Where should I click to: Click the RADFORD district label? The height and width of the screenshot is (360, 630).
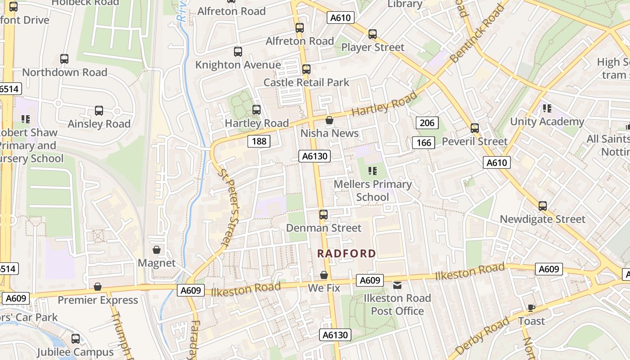(346, 253)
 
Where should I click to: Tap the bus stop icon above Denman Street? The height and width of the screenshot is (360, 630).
(324, 215)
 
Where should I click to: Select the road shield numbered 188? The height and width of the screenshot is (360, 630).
(259, 141)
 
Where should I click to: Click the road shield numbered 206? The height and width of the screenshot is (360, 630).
(427, 123)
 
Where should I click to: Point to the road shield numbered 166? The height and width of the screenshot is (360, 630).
(423, 143)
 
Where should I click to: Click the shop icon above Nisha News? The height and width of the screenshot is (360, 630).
(329, 120)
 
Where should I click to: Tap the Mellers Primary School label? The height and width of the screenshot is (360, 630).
(373, 190)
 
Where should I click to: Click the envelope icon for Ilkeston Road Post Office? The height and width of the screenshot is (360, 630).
(397, 285)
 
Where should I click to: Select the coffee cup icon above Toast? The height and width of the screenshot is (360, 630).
(531, 308)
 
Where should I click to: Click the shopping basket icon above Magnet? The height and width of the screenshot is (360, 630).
(157, 250)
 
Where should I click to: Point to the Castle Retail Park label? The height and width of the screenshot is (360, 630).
(306, 82)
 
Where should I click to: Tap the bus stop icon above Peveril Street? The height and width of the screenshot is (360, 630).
(475, 128)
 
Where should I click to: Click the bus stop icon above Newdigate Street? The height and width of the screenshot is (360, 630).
(543, 206)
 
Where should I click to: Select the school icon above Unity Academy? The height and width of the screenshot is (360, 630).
(547, 108)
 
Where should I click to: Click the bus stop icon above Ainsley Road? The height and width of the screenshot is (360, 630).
(99, 111)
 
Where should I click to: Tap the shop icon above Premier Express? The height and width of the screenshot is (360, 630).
(98, 287)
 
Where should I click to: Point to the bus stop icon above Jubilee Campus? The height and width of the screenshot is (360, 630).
(76, 339)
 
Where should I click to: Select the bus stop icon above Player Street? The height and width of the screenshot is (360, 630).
(373, 34)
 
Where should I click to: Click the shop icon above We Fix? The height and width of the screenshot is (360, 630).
(324, 275)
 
